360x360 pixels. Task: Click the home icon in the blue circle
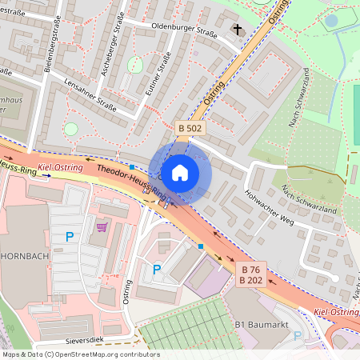(180, 172)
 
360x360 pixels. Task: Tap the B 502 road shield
(189, 127)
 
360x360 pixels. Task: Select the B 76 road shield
(251, 269)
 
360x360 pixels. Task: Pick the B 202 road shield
(251, 280)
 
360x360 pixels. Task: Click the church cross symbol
(236, 30)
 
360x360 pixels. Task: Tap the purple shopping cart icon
(101, 227)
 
